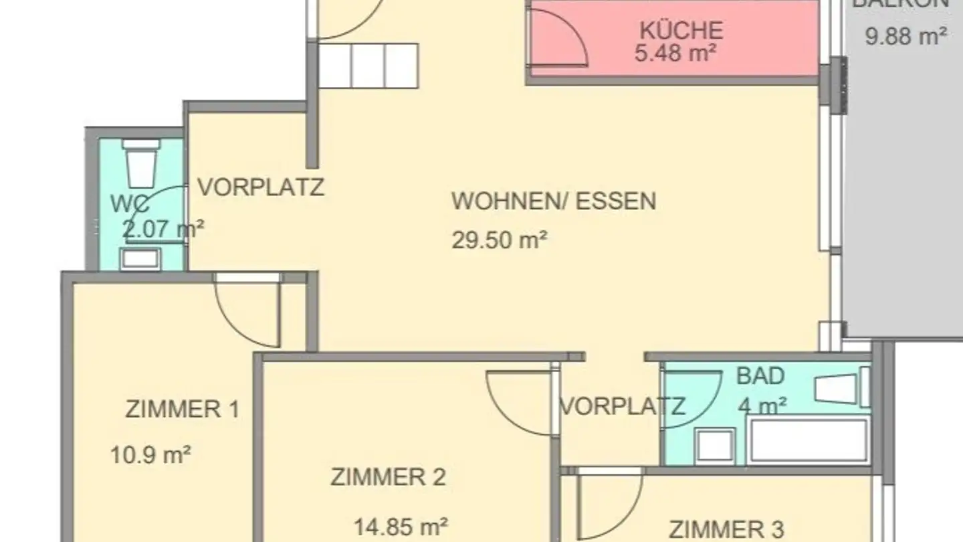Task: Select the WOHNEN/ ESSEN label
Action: point(554,201)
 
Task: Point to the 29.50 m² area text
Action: point(500,240)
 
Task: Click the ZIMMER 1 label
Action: point(182,409)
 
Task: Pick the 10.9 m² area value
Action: point(150,455)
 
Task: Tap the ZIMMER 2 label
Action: point(388,477)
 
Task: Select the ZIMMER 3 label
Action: point(726,529)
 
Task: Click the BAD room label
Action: point(760,376)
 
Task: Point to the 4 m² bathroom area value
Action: point(762,405)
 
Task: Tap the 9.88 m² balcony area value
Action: point(905,35)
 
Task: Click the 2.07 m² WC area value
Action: point(163,230)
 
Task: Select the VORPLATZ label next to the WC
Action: point(261,187)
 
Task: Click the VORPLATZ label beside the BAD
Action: point(621,405)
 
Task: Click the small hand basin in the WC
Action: point(140,258)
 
